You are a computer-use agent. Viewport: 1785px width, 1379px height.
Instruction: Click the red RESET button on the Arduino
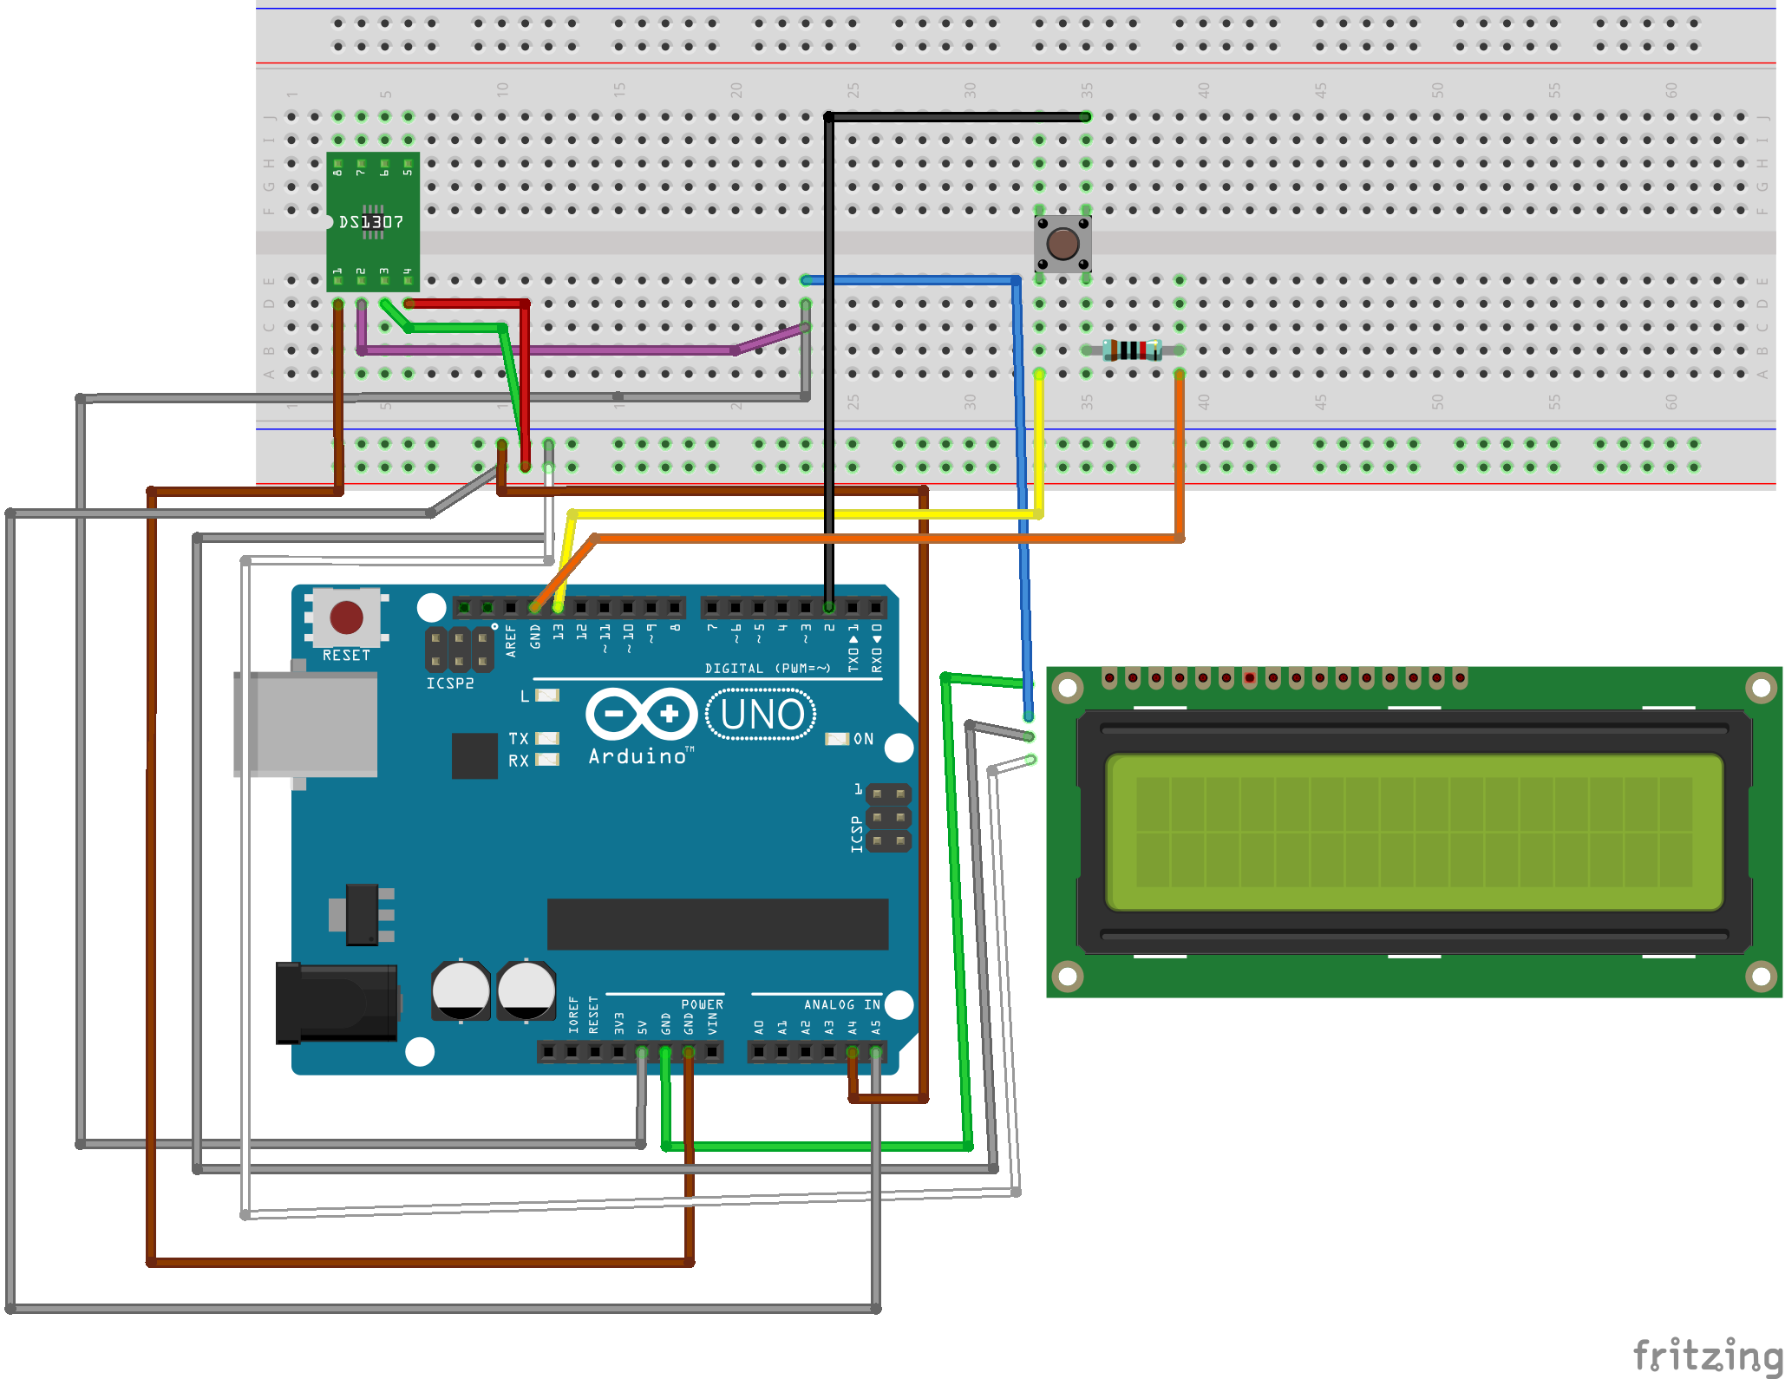(x=346, y=618)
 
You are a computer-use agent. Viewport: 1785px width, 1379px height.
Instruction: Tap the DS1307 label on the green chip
(x=370, y=222)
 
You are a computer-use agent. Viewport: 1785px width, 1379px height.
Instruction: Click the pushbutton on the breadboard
(x=1062, y=244)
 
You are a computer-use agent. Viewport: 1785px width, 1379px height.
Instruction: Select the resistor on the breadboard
(x=1132, y=350)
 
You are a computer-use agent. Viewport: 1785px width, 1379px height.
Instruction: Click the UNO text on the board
(x=762, y=715)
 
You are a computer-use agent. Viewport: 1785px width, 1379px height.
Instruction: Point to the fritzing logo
(x=1705, y=1354)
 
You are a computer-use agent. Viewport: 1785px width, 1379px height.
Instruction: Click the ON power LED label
(x=863, y=739)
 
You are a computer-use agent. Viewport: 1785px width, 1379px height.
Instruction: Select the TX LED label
(x=519, y=739)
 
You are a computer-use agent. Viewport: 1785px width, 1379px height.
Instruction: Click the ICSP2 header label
(x=449, y=683)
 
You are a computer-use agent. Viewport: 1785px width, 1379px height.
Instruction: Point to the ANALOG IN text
(x=841, y=1004)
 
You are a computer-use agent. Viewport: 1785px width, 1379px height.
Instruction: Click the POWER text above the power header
(x=702, y=1004)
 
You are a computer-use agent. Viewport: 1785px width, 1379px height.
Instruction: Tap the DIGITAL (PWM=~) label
(x=767, y=668)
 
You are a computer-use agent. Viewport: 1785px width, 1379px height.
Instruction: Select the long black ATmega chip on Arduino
(x=717, y=924)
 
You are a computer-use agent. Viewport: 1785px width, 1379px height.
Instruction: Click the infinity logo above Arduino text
(x=642, y=714)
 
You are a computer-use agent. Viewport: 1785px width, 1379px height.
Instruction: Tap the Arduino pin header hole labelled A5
(x=876, y=1052)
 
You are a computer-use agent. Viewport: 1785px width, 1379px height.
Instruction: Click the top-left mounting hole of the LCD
(x=1068, y=689)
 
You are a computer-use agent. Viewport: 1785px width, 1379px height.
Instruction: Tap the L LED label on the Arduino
(x=525, y=696)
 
